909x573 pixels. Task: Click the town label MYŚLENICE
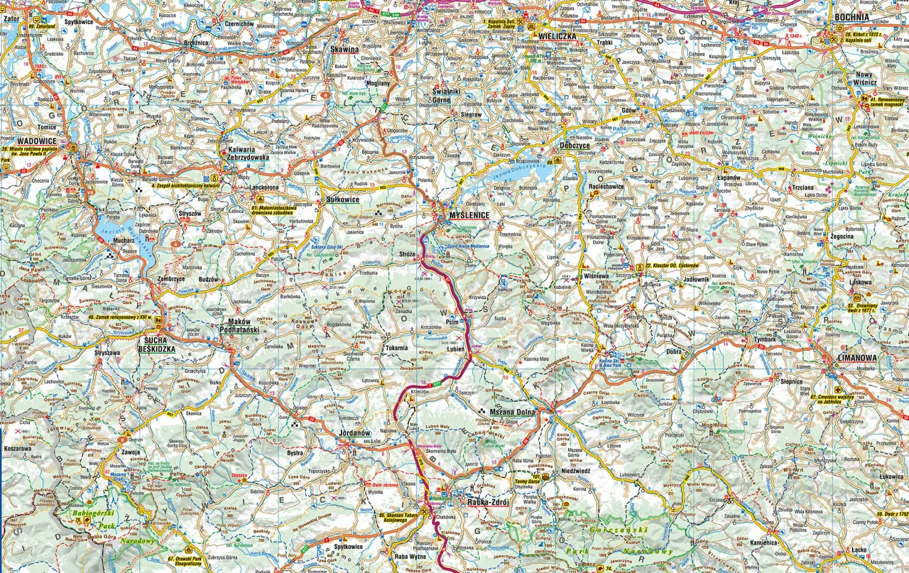coord(465,215)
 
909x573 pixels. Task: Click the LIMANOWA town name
coord(857,358)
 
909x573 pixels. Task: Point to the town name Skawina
coord(344,50)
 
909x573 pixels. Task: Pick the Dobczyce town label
coord(575,146)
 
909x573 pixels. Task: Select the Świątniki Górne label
coord(451,95)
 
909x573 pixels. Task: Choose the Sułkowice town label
coord(342,200)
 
